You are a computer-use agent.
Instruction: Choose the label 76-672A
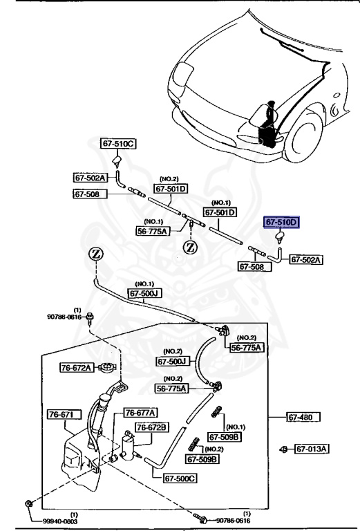[75, 368]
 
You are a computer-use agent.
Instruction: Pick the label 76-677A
[140, 413]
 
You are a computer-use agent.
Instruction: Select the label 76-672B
[151, 428]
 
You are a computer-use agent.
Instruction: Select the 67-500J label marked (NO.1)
[143, 293]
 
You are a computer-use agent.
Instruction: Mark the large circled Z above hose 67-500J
[97, 256]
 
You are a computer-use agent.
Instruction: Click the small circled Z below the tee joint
[190, 247]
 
